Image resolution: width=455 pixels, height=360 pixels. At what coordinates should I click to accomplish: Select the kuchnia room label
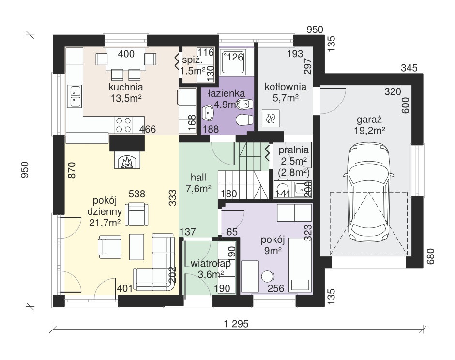[126, 87]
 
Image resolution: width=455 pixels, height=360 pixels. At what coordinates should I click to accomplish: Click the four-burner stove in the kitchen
[123, 125]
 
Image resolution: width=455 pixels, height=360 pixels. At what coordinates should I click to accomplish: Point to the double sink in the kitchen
[74, 96]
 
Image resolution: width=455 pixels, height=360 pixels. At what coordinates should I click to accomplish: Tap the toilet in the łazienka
[244, 120]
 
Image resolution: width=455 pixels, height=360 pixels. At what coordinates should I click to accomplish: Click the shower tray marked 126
[233, 61]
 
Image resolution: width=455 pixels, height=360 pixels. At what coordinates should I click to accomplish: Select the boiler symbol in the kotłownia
[271, 119]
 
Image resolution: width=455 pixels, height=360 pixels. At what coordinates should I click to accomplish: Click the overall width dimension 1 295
[237, 324]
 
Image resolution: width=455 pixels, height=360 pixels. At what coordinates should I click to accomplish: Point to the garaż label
[369, 119]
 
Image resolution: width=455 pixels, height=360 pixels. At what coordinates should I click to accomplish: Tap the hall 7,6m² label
[198, 183]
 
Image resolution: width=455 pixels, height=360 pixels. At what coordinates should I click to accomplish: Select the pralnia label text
[294, 150]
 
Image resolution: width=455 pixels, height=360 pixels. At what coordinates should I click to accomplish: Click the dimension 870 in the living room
[71, 170]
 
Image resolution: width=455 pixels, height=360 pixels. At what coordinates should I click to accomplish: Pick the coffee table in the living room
[136, 247]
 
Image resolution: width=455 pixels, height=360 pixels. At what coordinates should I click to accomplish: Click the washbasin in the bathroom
[207, 113]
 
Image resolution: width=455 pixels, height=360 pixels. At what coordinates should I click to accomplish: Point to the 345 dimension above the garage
[409, 68]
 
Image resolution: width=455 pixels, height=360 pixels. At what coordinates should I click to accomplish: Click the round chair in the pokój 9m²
[267, 276]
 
